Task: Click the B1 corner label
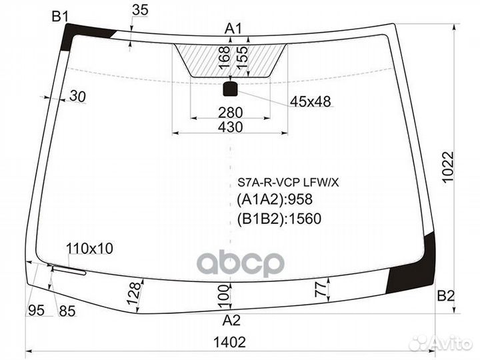pos(61,16)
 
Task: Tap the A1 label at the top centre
pos(233,28)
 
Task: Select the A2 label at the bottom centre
pos(231,319)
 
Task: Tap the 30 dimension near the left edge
pos(77,97)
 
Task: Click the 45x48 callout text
pos(310,101)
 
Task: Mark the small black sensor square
pos(231,88)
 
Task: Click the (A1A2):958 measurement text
pos(275,199)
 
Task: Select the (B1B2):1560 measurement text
pos(279,218)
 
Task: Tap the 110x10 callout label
pos(89,249)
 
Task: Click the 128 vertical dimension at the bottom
pos(134,294)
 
